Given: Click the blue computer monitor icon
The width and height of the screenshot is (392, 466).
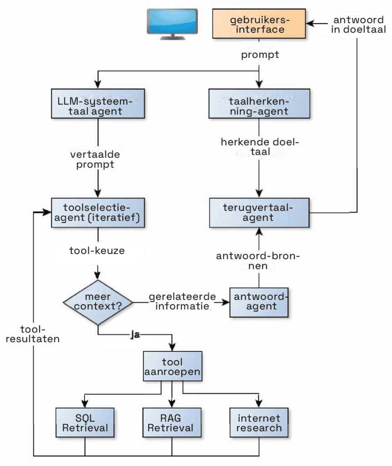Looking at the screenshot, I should coord(171,23).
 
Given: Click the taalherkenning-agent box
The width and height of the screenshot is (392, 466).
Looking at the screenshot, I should coord(259,105).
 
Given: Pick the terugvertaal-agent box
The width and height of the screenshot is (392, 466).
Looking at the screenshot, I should coord(259,213).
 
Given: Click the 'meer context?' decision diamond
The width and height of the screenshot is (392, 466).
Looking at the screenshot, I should coord(98,301).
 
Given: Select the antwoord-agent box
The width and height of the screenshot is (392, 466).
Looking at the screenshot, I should coord(259,301).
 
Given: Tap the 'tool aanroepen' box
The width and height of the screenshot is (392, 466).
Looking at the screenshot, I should coord(172,367).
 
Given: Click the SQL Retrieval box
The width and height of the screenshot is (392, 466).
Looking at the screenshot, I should coord(85,423).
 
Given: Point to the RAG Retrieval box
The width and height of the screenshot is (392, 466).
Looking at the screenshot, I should coord(172,423).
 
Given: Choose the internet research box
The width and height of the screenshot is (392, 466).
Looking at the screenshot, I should coord(259,423).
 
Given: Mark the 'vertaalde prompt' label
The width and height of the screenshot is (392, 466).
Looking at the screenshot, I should coord(95,159).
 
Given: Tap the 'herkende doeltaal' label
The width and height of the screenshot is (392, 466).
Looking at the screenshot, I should coord(260,147).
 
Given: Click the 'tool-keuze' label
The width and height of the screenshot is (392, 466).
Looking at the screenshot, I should coord(97,250).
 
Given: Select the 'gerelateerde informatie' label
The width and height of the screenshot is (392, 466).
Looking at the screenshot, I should coord(181,301).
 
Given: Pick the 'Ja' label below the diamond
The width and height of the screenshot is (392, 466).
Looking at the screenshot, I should coord(134,335).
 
